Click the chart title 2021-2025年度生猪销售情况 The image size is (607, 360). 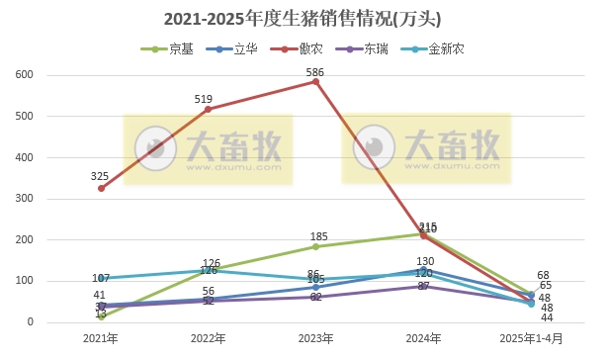(x=303, y=19)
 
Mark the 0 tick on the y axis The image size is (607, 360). (x=30, y=322)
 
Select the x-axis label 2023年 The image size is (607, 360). (x=315, y=339)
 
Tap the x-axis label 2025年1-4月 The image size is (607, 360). (x=531, y=339)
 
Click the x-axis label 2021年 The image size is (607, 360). (x=101, y=339)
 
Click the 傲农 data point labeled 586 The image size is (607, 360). (x=315, y=81)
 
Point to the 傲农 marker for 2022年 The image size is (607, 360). (x=208, y=109)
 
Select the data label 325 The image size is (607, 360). (x=100, y=176)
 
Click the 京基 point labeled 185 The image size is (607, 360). (x=315, y=246)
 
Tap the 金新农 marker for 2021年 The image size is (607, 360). (x=101, y=278)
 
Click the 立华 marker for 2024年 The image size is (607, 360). (x=423, y=269)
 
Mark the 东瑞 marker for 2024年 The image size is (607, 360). (x=423, y=287)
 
